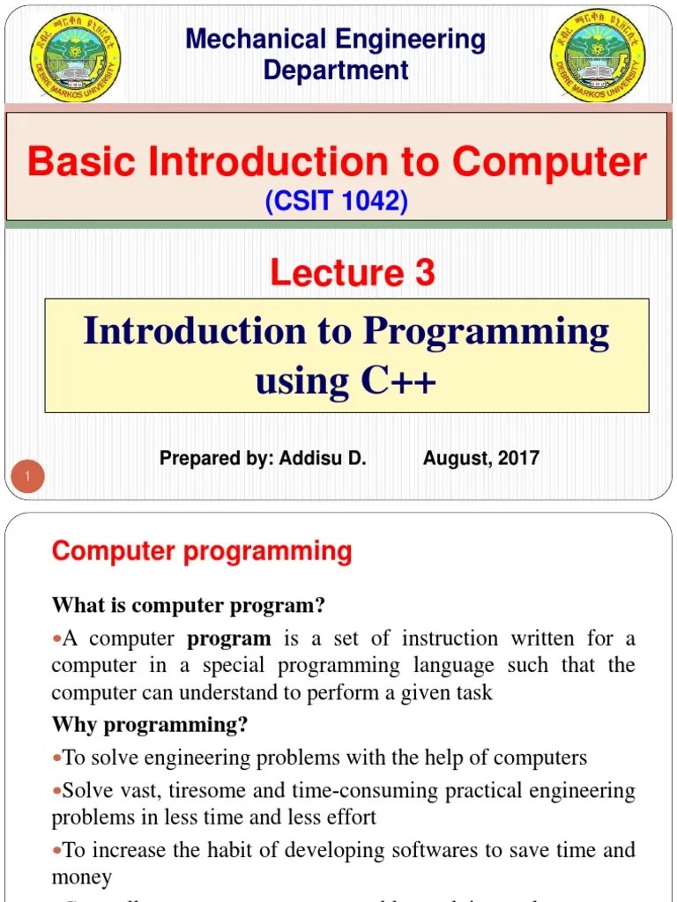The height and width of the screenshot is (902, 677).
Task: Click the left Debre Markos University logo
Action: click(x=75, y=56)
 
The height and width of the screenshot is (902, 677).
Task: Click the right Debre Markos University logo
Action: click(x=597, y=56)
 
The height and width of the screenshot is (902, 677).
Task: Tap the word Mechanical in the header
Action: click(x=256, y=40)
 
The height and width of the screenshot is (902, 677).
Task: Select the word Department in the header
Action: click(x=336, y=70)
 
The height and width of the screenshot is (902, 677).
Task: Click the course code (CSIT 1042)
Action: click(x=336, y=203)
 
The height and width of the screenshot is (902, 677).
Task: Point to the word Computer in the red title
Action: click(x=549, y=162)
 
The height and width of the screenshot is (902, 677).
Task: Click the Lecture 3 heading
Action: click(x=352, y=273)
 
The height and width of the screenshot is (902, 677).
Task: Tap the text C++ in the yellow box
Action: click(x=397, y=381)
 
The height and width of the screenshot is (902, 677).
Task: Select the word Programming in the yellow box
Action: click(x=486, y=332)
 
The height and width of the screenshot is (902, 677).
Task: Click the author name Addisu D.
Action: click(x=323, y=458)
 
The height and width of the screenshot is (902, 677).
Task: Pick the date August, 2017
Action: click(x=480, y=458)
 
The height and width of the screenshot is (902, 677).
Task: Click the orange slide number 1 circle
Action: click(x=27, y=477)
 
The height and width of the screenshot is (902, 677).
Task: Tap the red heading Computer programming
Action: click(x=202, y=552)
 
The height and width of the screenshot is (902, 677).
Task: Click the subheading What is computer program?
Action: click(x=189, y=606)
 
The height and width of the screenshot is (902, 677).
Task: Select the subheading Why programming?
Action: click(x=150, y=725)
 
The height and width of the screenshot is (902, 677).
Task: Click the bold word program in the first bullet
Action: click(x=229, y=639)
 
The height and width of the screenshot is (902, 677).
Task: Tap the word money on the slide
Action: click(x=82, y=877)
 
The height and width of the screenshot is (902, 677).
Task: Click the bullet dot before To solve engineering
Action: click(x=57, y=758)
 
